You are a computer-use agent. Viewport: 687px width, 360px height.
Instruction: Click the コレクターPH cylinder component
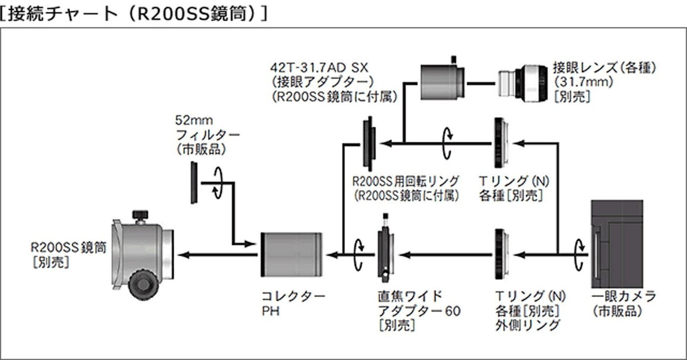(291, 255)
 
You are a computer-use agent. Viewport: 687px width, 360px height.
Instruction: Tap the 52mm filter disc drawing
(194, 183)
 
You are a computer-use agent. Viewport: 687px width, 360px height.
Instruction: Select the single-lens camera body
(617, 244)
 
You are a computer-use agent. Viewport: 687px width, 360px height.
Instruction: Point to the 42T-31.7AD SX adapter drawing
(442, 80)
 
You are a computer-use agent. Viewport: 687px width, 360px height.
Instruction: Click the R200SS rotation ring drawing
(369, 144)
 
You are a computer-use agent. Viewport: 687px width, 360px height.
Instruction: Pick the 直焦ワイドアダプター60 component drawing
(386, 248)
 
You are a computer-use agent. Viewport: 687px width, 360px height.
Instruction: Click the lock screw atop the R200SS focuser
(140, 216)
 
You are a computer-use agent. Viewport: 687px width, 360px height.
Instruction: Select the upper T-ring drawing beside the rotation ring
(501, 143)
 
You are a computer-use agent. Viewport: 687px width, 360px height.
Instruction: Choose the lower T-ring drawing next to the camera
(502, 254)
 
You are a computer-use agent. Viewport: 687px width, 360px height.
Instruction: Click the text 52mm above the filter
(194, 120)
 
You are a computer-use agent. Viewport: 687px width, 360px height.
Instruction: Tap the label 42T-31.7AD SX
(319, 68)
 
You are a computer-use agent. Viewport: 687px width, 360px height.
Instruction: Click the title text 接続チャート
(63, 14)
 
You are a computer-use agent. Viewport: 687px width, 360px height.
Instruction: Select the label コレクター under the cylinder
(293, 296)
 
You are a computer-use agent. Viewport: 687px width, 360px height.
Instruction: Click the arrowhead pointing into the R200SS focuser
(184, 255)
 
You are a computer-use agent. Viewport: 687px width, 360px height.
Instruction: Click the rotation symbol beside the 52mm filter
(217, 183)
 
